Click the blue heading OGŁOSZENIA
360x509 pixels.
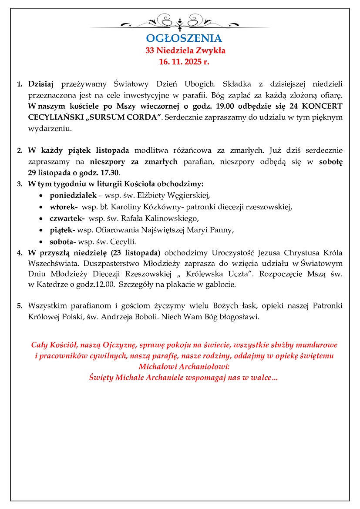184,38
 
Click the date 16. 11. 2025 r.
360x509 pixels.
184,62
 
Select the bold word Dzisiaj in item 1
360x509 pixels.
40,84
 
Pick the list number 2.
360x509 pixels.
20,151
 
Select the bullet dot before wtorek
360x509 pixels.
41,207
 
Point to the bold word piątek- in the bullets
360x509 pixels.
63,230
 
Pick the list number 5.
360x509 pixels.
20,306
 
